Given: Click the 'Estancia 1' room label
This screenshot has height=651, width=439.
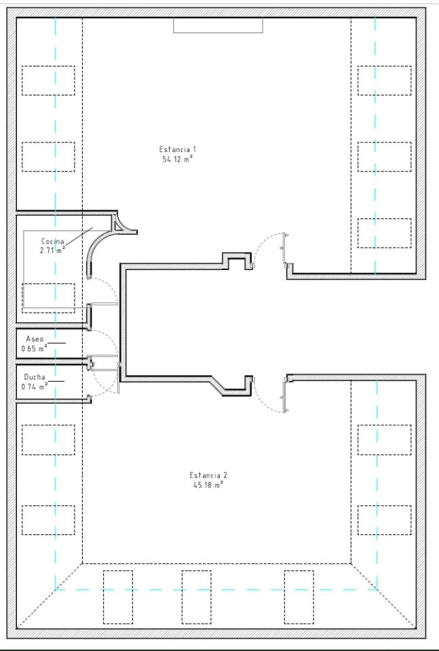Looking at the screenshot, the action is [178, 149].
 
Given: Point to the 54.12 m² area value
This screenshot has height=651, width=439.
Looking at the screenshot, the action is [178, 159].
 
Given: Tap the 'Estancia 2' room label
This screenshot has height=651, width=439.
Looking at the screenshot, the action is [208, 475].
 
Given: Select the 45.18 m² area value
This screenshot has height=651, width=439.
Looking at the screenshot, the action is [208, 485].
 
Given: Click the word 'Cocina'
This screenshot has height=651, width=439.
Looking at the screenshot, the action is [53, 241].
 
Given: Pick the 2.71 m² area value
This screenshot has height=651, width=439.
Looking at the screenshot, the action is [53, 250].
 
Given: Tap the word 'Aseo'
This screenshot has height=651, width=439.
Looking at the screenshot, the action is [35, 339].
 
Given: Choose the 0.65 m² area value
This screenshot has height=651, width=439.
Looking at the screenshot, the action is [35, 349].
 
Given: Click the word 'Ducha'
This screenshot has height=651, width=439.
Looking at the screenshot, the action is [35, 377].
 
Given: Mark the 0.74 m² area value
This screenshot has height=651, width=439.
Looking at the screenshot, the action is [35, 387].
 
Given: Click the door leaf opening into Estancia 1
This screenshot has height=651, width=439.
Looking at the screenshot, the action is [284, 248].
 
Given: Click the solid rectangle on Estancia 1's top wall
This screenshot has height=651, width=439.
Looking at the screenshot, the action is [218, 25].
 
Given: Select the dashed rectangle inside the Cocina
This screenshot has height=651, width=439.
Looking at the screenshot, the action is [48, 298].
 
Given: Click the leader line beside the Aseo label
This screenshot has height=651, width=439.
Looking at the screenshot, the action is [56, 343].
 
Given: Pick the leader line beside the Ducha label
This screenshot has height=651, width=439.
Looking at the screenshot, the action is [56, 381].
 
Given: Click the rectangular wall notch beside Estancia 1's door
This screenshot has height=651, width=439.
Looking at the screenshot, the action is [237, 260].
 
